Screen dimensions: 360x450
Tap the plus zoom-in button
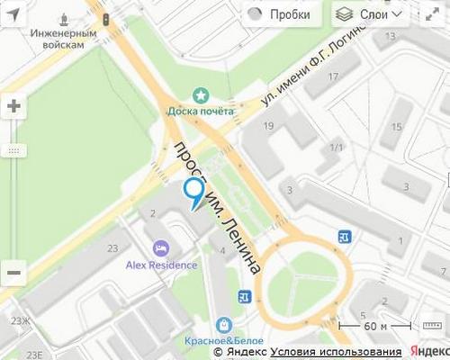click(x=13, y=105)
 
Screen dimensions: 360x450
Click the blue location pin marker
click(x=193, y=192)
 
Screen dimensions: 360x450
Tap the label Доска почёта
click(x=200, y=111)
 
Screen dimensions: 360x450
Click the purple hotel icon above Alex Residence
click(x=160, y=247)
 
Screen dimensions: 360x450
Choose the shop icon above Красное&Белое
click(x=222, y=325)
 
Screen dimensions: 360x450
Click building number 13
click(x=390, y=36)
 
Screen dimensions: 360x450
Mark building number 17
click(x=333, y=76)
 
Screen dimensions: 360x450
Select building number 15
click(x=396, y=127)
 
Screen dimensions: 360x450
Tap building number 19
click(x=268, y=126)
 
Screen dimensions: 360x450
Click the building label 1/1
click(x=337, y=147)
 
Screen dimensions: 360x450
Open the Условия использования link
click(x=336, y=351)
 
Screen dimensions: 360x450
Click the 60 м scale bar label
click(x=376, y=325)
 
